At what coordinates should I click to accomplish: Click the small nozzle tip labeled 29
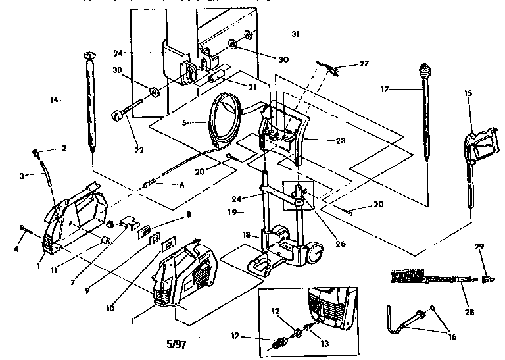487,278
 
